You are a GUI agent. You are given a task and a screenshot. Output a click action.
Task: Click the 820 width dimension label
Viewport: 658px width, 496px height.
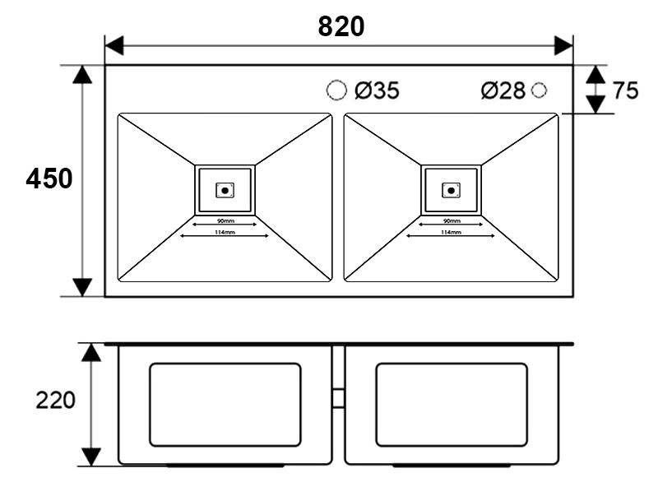(x=341, y=26)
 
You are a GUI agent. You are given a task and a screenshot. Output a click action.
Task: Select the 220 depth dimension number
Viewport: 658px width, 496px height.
(x=55, y=401)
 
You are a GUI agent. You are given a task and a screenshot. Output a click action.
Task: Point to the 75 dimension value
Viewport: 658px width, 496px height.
(x=625, y=90)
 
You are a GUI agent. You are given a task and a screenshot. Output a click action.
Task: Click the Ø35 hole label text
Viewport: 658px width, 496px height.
(x=377, y=90)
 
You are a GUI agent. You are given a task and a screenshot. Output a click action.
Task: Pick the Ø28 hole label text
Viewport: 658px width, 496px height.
(x=503, y=90)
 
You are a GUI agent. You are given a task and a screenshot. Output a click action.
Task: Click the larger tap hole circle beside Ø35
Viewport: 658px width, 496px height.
(x=336, y=90)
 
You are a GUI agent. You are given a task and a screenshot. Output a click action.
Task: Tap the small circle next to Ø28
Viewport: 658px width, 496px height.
(x=539, y=90)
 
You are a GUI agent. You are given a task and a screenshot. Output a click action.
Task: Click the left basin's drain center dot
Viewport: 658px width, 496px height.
(x=225, y=190)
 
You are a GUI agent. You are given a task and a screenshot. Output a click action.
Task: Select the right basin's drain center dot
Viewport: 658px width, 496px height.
(x=451, y=190)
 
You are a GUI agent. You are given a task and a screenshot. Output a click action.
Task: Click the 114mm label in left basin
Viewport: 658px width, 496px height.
(x=225, y=233)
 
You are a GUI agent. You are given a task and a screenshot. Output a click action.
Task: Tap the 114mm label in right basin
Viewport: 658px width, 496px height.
(x=451, y=233)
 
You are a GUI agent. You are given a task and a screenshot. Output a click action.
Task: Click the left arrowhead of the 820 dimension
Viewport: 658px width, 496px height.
(x=114, y=45)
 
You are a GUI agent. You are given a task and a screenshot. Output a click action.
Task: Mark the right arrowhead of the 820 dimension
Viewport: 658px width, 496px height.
(x=564, y=45)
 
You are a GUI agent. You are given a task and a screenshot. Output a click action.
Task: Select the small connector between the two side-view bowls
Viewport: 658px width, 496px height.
(x=338, y=398)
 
